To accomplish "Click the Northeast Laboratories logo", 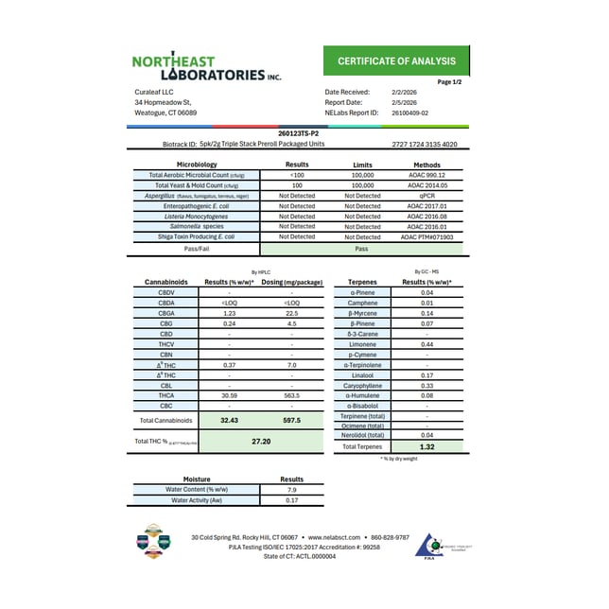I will (x=206, y=67).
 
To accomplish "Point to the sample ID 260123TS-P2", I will (x=303, y=135).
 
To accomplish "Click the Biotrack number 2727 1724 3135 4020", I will (x=424, y=146).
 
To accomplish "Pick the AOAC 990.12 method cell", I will (x=426, y=175).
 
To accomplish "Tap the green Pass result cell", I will (x=360, y=249).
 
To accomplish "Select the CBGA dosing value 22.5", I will (x=291, y=313).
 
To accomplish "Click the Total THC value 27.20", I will (x=262, y=441).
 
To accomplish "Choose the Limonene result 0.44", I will (x=426, y=344).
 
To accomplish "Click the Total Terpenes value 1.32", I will (x=426, y=445).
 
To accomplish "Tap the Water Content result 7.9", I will (x=291, y=490).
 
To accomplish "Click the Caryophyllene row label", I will (x=363, y=385).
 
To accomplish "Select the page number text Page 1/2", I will (x=449, y=82).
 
